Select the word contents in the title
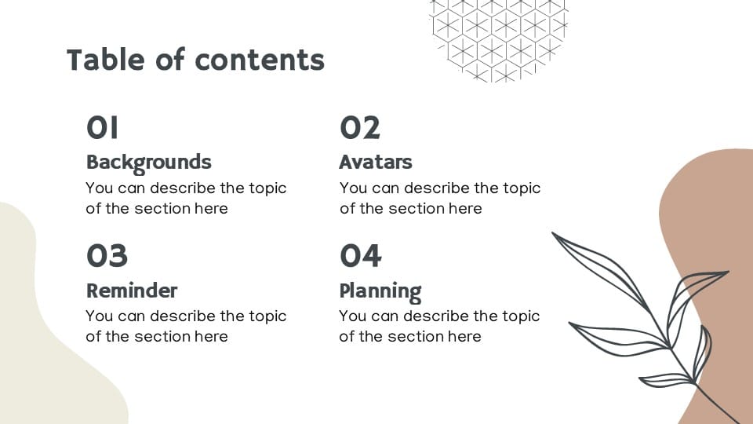pos(260,60)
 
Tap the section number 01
pos(102,127)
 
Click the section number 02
pos(360,127)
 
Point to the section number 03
pos(107,255)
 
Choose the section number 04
pos(361,255)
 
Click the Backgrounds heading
pos(149,162)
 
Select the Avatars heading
pos(376,162)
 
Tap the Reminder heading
pos(132,291)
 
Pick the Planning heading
pos(380,291)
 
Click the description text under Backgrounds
pos(186,198)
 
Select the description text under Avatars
pos(440,198)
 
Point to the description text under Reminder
pos(186,326)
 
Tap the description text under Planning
pos(439,326)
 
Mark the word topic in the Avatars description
pos(520,188)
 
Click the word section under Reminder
pos(160,336)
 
